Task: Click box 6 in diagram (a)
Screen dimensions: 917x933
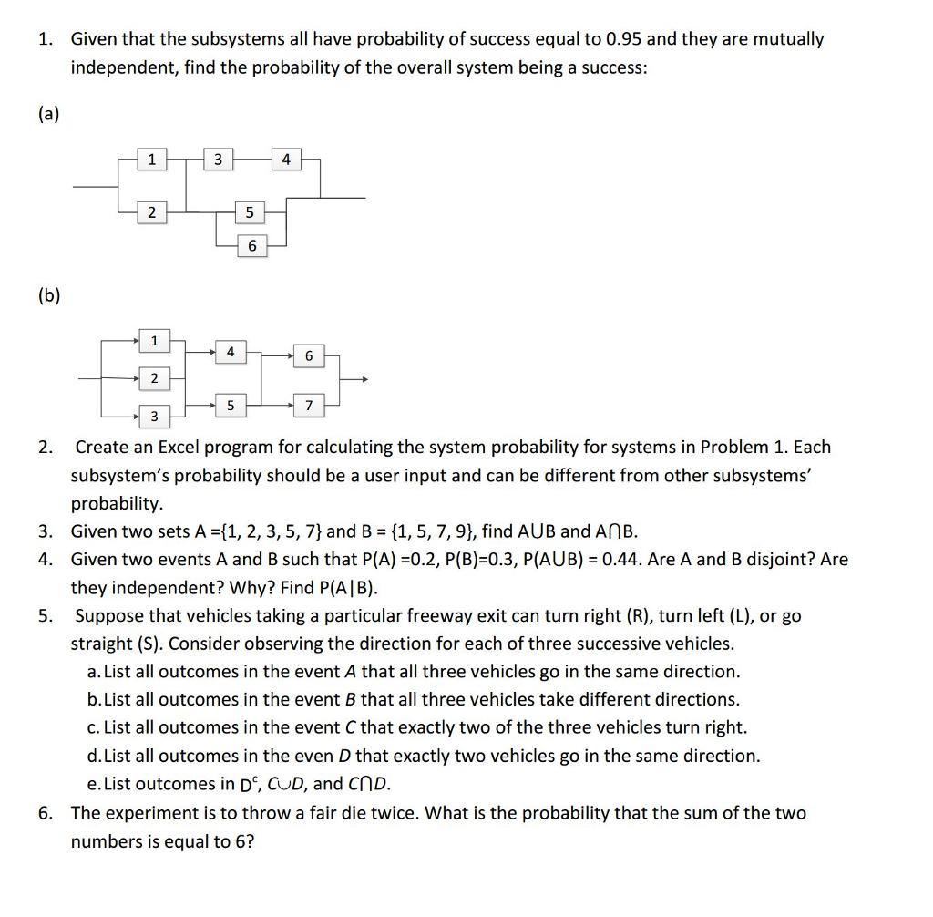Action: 252,246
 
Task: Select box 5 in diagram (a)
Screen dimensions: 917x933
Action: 250,213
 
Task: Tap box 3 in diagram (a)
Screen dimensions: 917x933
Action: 217,160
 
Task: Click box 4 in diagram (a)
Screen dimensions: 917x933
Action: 286,160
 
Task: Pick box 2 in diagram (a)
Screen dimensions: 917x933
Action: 151,213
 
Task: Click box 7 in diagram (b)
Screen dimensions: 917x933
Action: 309,405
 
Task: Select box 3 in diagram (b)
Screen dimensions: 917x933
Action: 154,417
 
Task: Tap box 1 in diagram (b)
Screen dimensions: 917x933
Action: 154,341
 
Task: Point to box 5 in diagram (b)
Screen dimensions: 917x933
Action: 231,405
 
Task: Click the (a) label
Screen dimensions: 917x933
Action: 48,113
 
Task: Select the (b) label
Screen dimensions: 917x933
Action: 48,296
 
